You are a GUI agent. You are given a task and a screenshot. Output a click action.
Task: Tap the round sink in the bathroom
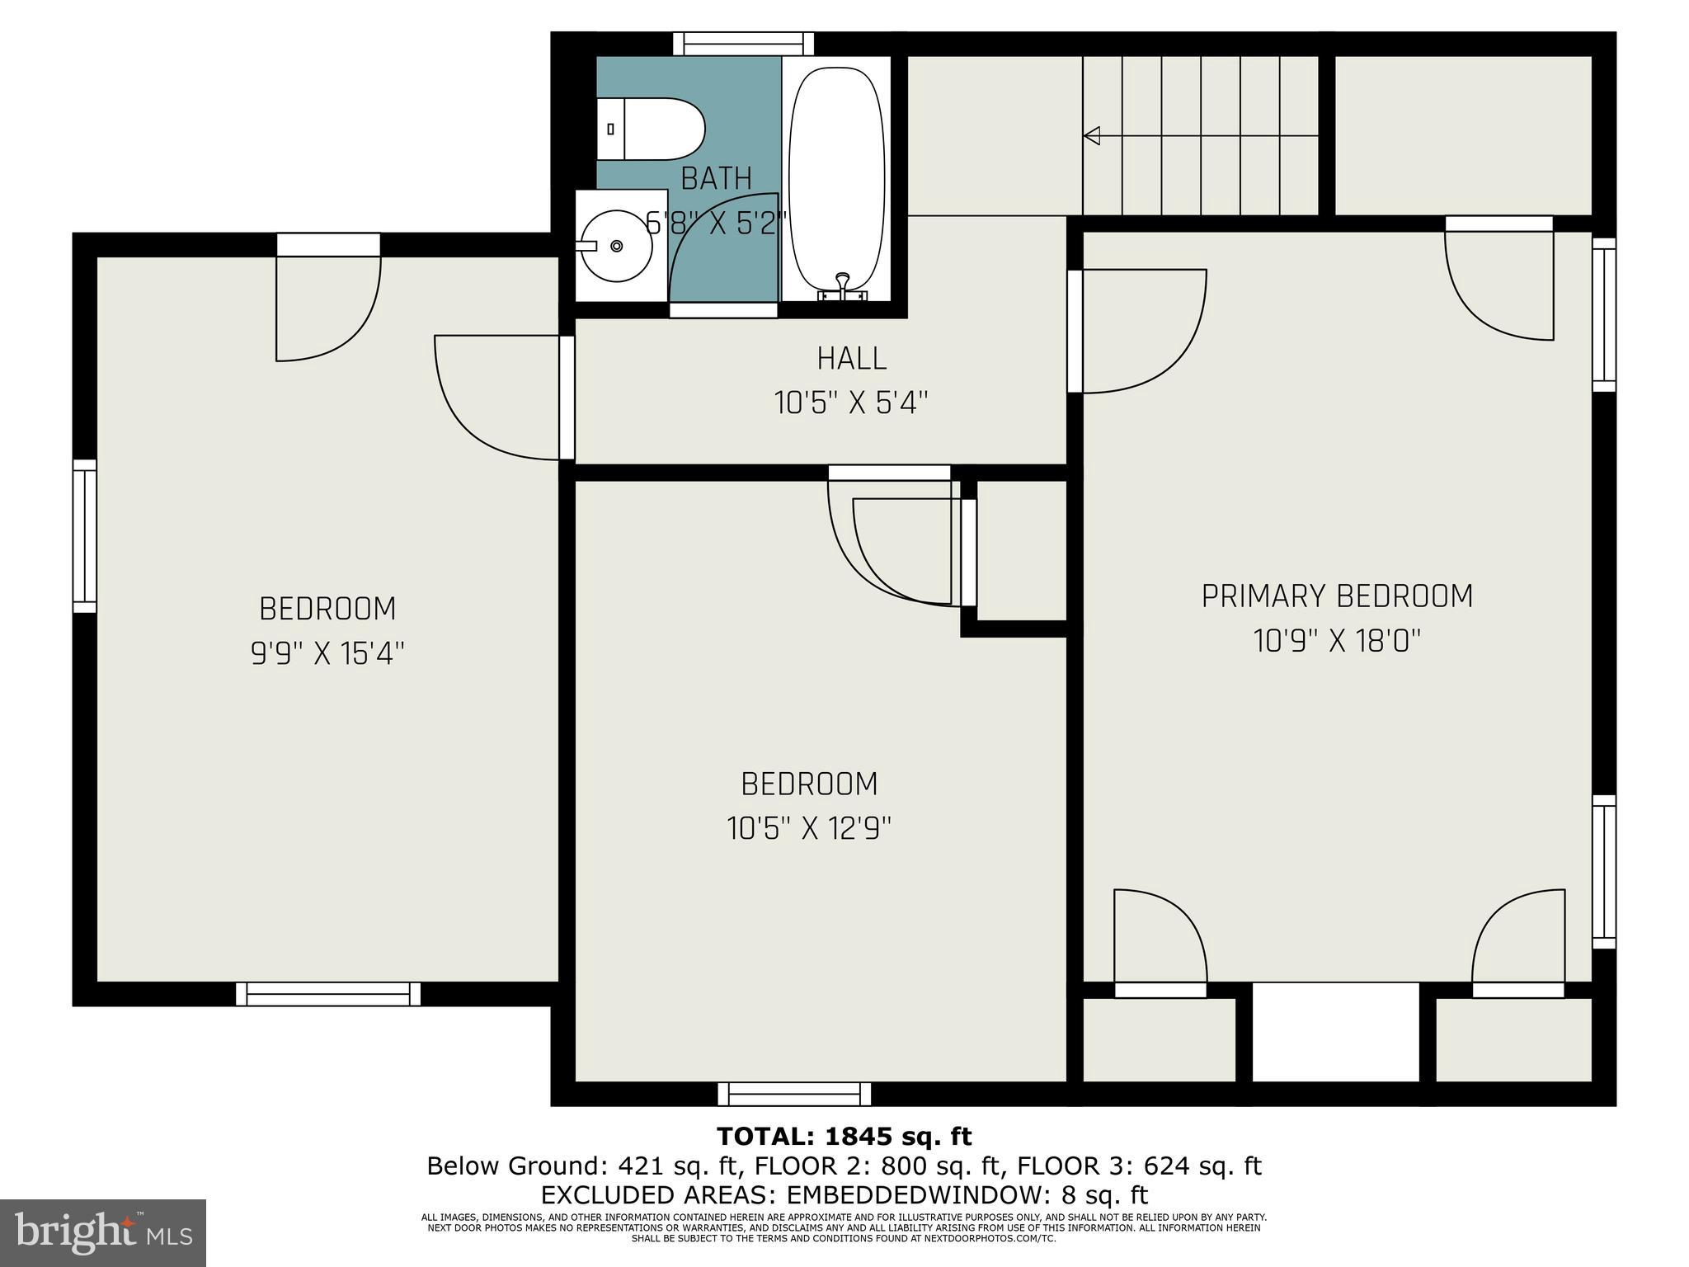[617, 245]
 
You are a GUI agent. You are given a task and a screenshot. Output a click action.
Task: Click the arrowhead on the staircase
[1092, 135]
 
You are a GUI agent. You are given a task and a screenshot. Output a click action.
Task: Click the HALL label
[851, 359]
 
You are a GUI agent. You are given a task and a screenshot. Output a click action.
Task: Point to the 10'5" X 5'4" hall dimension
[851, 403]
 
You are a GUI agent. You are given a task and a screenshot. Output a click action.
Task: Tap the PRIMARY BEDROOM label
[1336, 596]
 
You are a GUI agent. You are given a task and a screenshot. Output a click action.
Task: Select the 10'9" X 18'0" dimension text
[1336, 641]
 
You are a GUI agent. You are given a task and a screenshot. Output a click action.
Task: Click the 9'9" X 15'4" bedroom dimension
[327, 654]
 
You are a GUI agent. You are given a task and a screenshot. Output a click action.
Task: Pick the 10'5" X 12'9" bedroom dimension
[809, 828]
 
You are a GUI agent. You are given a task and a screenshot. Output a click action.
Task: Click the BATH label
[716, 178]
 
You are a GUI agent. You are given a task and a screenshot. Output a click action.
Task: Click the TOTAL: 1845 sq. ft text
[844, 1137]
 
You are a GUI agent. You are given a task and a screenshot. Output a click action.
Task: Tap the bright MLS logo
[103, 1232]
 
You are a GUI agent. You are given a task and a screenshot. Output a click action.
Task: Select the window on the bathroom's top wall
[743, 44]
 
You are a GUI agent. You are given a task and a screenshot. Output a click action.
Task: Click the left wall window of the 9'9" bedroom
[85, 536]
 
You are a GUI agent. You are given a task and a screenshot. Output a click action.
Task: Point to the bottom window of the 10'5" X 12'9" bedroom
[794, 1094]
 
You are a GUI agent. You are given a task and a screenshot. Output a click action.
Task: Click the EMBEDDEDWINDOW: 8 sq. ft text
[967, 1195]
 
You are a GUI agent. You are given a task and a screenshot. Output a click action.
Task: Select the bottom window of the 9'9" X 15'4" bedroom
[328, 994]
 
